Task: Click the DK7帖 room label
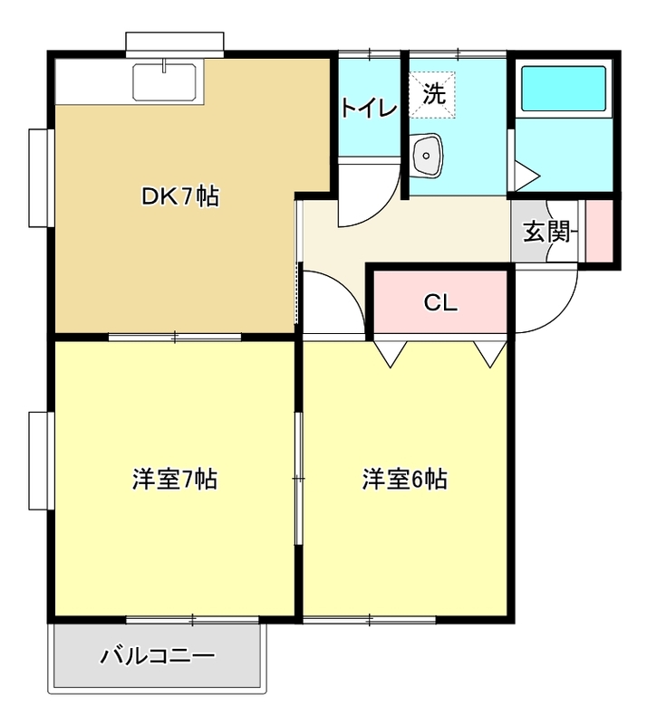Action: tap(179, 195)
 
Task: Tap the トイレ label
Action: tap(369, 108)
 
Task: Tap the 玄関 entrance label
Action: tap(548, 232)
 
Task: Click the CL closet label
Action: tap(440, 303)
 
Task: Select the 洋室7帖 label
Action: tap(174, 480)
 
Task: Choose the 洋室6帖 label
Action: tap(405, 480)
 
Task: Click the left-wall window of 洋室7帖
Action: tap(38, 462)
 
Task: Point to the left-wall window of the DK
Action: tap(38, 177)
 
